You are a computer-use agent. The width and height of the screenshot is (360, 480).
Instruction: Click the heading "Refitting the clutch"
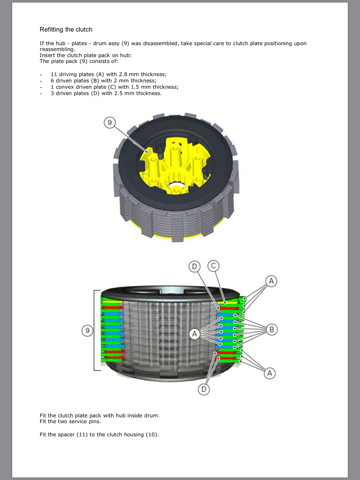point(66,29)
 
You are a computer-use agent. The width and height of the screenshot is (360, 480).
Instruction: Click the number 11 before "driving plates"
point(54,74)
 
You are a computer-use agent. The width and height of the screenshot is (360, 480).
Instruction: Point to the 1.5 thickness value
point(135,87)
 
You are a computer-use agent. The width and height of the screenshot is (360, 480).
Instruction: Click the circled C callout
point(213,266)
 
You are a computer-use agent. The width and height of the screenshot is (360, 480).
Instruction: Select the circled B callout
point(271,330)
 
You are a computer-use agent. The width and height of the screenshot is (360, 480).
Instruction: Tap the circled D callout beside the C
point(194,266)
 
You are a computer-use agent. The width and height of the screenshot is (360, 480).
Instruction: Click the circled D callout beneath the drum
point(204,389)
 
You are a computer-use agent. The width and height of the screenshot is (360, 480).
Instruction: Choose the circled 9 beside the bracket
point(87,331)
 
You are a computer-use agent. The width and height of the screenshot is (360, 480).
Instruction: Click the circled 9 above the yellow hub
point(109,122)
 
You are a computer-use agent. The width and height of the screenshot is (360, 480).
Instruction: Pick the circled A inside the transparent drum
point(195,334)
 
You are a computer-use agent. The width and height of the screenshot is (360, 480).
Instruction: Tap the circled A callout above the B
point(271,281)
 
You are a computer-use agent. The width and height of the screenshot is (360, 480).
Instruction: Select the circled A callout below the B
point(270,373)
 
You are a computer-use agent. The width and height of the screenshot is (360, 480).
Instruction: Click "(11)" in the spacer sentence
point(82,434)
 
